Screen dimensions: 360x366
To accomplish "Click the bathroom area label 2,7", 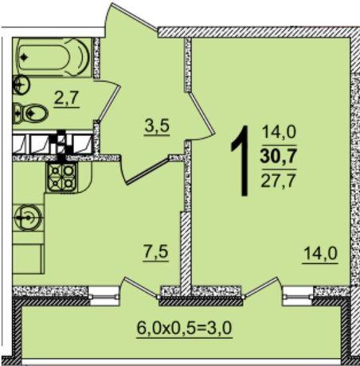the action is point(67,98).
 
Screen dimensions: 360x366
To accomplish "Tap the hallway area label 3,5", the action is point(157,126).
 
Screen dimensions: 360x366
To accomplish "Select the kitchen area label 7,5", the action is point(156,251).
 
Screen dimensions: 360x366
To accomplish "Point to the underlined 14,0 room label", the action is point(320,253).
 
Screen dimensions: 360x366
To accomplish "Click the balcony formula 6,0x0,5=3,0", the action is point(184,328).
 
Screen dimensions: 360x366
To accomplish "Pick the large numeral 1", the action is point(241,161).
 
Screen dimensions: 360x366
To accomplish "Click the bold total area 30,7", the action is point(279,157).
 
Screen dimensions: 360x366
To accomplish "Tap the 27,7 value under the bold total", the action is point(279,181).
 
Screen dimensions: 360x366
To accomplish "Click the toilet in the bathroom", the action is point(31,114).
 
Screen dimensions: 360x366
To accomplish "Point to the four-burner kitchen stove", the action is point(61,177).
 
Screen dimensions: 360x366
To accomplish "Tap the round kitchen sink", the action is point(28,218).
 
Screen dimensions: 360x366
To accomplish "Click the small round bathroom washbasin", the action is point(22,85).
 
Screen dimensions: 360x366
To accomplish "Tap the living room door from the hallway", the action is point(201,113).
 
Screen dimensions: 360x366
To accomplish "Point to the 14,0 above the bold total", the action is point(279,132).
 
